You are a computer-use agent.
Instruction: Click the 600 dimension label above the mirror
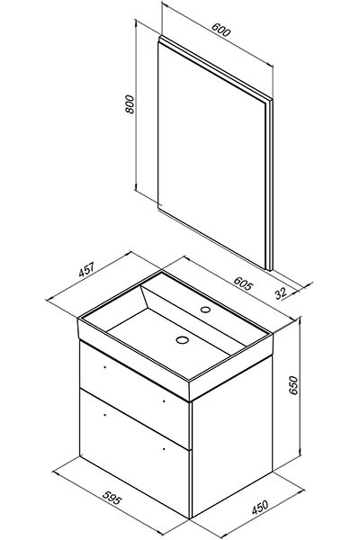click(x=220, y=30)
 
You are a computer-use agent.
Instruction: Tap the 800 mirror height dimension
click(x=130, y=104)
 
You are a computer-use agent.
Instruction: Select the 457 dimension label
click(x=86, y=270)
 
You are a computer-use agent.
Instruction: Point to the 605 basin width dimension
click(x=243, y=283)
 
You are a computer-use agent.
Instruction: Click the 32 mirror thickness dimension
click(x=281, y=293)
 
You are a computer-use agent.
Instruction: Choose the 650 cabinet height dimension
click(x=292, y=385)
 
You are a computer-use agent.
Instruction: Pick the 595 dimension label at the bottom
click(x=112, y=498)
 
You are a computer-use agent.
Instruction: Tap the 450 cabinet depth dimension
click(x=260, y=507)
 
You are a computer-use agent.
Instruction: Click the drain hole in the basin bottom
click(x=182, y=340)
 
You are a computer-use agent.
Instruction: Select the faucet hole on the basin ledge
click(x=206, y=310)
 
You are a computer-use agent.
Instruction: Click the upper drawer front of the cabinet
click(x=134, y=394)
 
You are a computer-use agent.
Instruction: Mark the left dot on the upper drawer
click(x=104, y=367)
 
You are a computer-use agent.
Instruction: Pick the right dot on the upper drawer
click(x=163, y=400)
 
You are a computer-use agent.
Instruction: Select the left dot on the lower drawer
click(x=104, y=415)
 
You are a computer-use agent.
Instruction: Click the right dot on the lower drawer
click(x=163, y=449)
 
